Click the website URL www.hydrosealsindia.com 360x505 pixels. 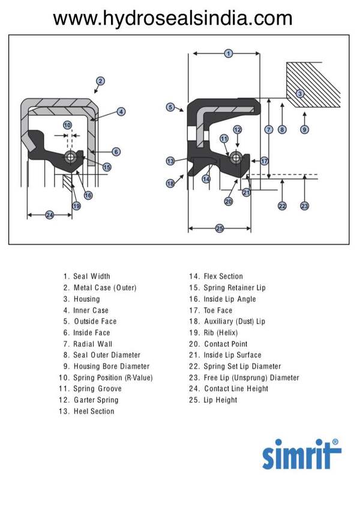(172, 19)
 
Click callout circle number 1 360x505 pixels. (228, 53)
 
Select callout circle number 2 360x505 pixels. (101, 81)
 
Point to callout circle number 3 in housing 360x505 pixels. (300, 93)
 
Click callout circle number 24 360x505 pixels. (50, 215)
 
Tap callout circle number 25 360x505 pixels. (219, 229)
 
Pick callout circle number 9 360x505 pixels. (305, 130)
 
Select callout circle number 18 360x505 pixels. (170, 184)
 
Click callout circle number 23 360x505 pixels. (305, 206)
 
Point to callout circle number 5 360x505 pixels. (170, 107)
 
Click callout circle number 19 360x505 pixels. (76, 206)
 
